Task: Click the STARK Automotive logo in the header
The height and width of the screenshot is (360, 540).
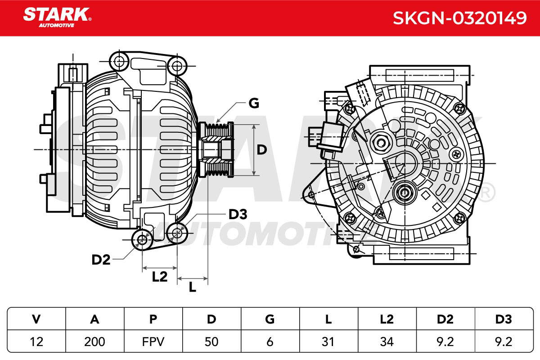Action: pos(57,18)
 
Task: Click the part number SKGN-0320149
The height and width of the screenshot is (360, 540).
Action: pos(459,18)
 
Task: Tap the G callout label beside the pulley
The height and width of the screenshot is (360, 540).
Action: pos(254,103)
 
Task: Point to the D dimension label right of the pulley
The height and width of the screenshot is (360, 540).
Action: pos(262,150)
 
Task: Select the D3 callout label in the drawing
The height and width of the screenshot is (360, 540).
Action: pos(238,214)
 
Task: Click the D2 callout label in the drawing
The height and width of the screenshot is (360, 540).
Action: pos(101,260)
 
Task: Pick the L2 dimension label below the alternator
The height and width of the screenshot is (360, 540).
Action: pos(160,277)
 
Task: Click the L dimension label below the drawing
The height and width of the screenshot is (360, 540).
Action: pos(193,287)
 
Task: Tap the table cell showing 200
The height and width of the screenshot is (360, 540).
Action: pos(94,342)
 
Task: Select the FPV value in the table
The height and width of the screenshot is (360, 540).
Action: pos(153,342)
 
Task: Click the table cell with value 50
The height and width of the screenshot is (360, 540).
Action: pos(211,342)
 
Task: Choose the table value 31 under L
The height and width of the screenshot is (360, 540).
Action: pos(328,342)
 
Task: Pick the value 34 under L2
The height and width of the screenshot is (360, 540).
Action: pos(387,342)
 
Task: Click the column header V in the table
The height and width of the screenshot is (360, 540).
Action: pos(36,319)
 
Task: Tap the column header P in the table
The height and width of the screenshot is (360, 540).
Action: pos(153,319)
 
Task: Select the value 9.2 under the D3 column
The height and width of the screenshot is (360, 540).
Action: pos(504,342)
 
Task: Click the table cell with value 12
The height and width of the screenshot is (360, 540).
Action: pos(36,342)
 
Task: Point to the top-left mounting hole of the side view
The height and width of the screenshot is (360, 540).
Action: pos(119,61)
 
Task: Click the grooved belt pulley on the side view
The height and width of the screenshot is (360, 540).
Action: pos(216,150)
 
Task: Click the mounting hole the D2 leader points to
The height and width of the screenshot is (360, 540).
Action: pos(142,240)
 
